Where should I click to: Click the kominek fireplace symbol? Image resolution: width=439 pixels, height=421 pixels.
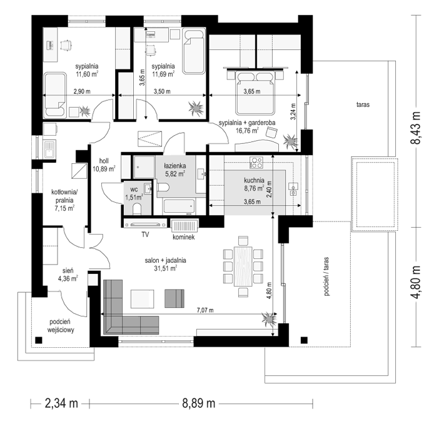click(x=184, y=226)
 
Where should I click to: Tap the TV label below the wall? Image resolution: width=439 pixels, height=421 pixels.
click(x=145, y=235)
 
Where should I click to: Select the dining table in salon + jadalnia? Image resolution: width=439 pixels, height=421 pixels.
click(x=243, y=266)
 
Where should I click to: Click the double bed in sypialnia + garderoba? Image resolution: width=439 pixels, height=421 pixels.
click(x=255, y=93)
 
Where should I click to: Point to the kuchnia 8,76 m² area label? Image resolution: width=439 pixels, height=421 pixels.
click(x=254, y=185)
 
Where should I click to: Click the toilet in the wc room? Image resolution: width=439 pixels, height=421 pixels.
click(x=137, y=209)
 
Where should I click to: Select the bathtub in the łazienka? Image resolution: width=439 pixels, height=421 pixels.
click(x=179, y=206)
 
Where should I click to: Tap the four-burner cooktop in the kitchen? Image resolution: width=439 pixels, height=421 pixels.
click(x=256, y=162)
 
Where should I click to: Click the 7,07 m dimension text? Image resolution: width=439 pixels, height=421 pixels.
click(x=205, y=310)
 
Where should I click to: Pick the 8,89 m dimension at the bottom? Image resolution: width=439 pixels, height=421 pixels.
click(x=199, y=403)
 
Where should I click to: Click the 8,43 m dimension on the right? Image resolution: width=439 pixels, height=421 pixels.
click(x=416, y=128)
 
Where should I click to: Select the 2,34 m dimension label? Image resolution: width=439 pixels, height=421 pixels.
click(x=61, y=403)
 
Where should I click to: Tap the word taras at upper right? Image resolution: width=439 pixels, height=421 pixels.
click(x=363, y=104)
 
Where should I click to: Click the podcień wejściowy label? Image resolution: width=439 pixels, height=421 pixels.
click(x=61, y=326)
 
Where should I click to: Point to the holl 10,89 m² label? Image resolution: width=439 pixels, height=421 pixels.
click(x=104, y=165)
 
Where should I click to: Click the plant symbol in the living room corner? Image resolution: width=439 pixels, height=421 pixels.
click(x=269, y=319)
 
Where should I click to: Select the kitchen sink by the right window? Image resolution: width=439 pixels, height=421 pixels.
click(x=293, y=188)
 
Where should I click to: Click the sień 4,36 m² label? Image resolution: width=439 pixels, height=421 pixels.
click(x=68, y=275)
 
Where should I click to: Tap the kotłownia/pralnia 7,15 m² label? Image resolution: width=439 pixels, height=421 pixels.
click(x=64, y=200)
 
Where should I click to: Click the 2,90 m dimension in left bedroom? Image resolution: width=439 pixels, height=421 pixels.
click(x=82, y=91)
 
